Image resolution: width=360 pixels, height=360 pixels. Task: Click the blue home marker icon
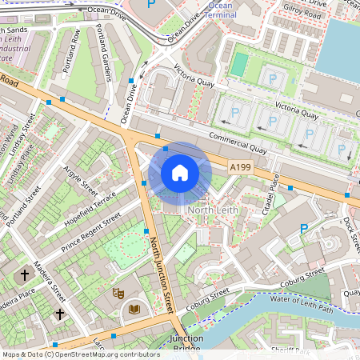[180, 173]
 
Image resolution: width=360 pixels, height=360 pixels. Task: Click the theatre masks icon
[118, 294]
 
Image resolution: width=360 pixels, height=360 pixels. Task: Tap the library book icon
[134, 308]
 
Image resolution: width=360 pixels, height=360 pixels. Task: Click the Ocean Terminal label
[220, 10]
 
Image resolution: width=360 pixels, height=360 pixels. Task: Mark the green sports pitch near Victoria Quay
[238, 64]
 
